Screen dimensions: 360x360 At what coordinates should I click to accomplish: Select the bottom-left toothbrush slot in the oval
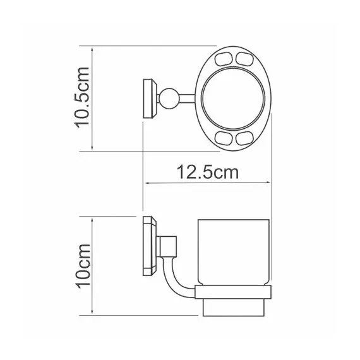click(x=225, y=138)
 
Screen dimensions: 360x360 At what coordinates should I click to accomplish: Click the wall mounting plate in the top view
click(x=148, y=99)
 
